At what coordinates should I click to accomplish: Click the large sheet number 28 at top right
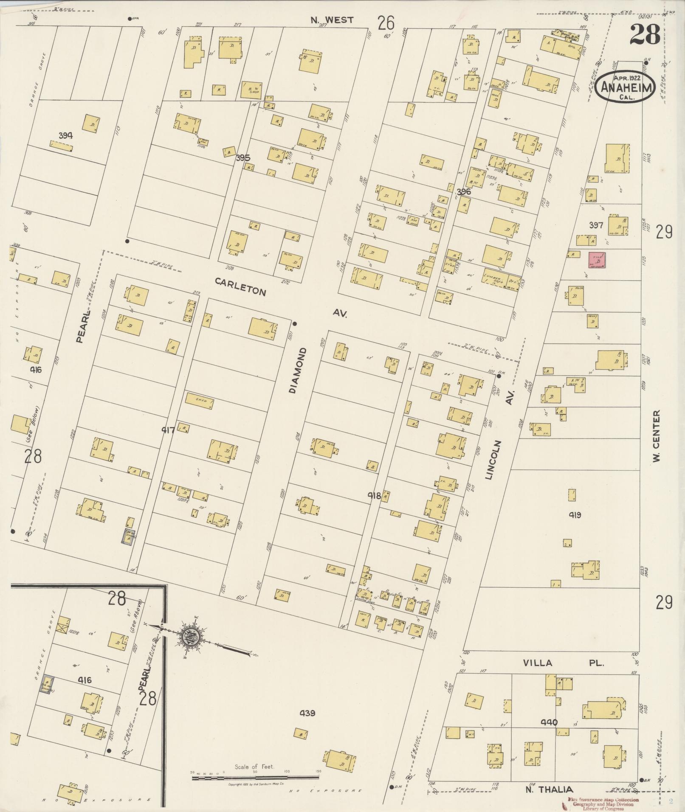pyautogui.click(x=645, y=34)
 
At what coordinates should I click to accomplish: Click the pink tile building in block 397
pyautogui.click(x=597, y=260)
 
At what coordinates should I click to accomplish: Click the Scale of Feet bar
pyautogui.click(x=255, y=778)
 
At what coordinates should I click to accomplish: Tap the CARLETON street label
pyautogui.click(x=241, y=287)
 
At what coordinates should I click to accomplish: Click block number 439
pyautogui.click(x=307, y=713)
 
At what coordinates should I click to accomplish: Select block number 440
pyautogui.click(x=549, y=722)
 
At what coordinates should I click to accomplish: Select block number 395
pyautogui.click(x=243, y=158)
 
